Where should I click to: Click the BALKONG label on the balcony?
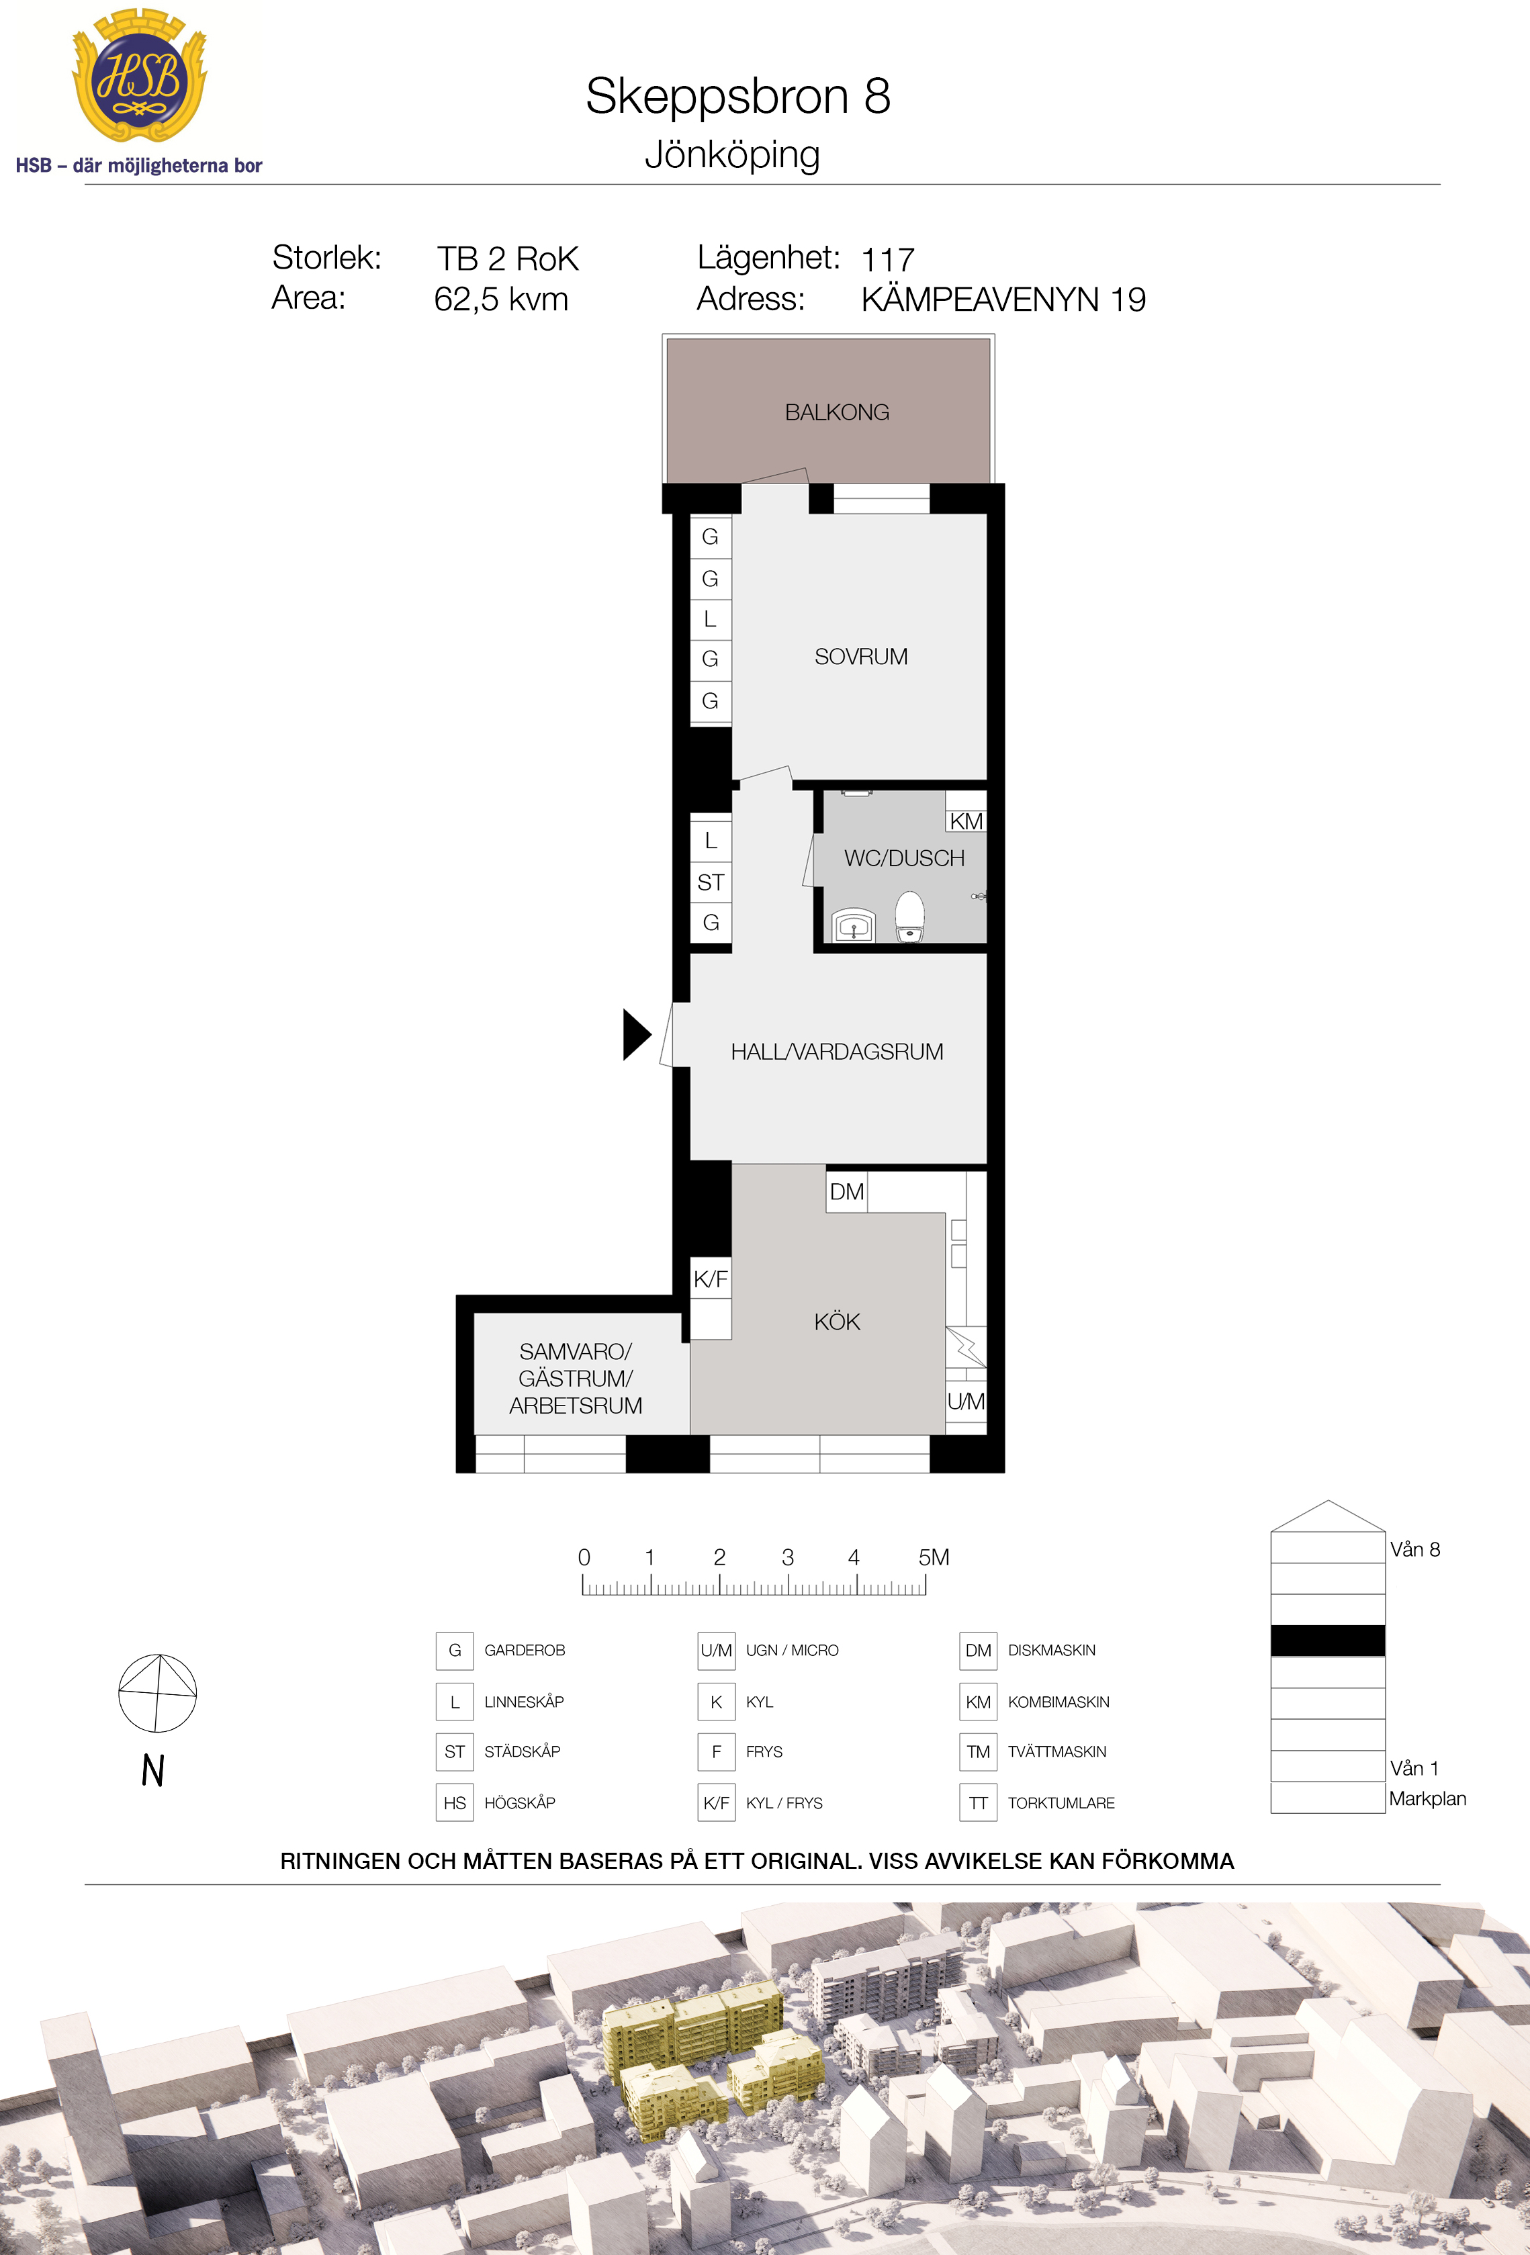point(836,412)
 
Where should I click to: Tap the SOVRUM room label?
point(860,657)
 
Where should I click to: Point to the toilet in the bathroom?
point(909,916)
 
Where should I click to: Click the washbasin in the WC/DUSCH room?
point(854,925)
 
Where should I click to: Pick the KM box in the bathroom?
point(965,821)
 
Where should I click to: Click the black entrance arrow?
point(637,1034)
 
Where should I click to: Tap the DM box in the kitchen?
point(846,1191)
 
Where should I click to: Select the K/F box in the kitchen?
point(710,1279)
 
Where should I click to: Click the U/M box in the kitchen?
point(965,1401)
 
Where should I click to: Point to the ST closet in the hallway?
point(710,882)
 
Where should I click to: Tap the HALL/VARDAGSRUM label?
point(836,1052)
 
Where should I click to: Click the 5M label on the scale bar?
point(934,1557)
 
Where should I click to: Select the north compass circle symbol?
point(157,1693)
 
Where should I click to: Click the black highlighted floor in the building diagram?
point(1327,1641)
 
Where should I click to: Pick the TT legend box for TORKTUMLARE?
point(978,1803)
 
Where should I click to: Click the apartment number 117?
point(888,260)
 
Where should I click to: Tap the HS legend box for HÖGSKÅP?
point(455,1803)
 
